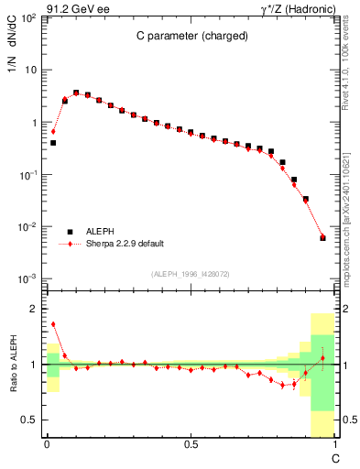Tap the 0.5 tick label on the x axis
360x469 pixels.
(191, 445)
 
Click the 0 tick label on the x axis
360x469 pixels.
(47, 445)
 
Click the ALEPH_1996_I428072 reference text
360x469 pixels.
(191, 274)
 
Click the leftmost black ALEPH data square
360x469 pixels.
(53, 143)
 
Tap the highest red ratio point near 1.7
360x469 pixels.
(53, 324)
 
